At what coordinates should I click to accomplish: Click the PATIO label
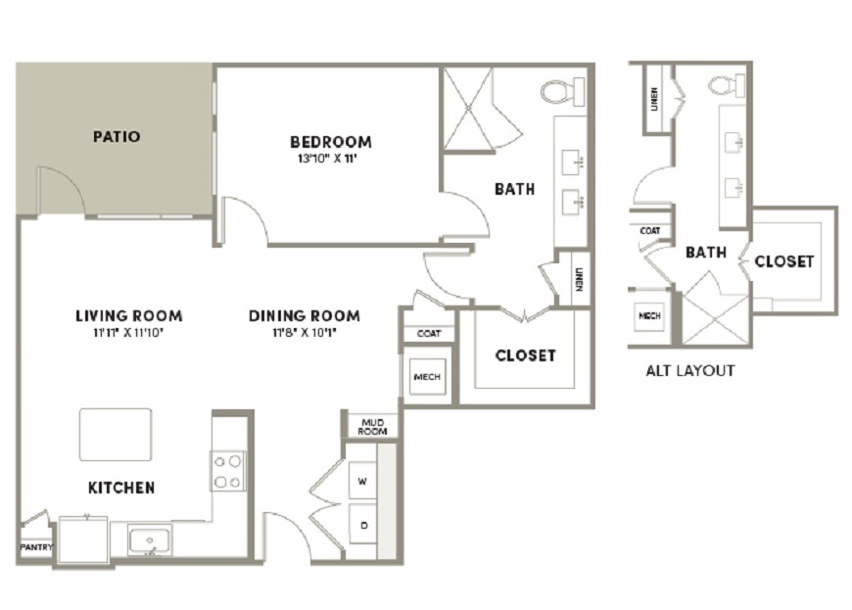pyautogui.click(x=117, y=136)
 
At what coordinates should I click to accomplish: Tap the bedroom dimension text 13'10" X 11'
pyautogui.click(x=327, y=160)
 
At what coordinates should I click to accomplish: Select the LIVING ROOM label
pyautogui.click(x=128, y=315)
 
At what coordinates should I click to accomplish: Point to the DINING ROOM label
pyautogui.click(x=305, y=315)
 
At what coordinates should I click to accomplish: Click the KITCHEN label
pyautogui.click(x=121, y=488)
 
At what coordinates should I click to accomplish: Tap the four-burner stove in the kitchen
pyautogui.click(x=227, y=471)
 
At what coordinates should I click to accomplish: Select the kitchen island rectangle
pyautogui.click(x=116, y=435)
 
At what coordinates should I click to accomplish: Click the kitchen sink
pyautogui.click(x=150, y=540)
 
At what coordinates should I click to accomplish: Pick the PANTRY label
pyautogui.click(x=36, y=547)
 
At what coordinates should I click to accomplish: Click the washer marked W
pyautogui.click(x=362, y=481)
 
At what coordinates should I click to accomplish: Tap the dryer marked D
pyautogui.click(x=363, y=525)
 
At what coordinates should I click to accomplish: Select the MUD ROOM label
pyautogui.click(x=373, y=427)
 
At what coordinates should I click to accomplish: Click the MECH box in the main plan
pyautogui.click(x=427, y=376)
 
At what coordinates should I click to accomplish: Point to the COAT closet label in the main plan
pyautogui.click(x=429, y=334)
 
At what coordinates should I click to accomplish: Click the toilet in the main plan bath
pyautogui.click(x=562, y=92)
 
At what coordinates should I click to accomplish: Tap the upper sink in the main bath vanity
pyautogui.click(x=573, y=163)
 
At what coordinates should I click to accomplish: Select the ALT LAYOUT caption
pyautogui.click(x=690, y=371)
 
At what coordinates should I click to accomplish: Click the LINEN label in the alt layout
pyautogui.click(x=654, y=100)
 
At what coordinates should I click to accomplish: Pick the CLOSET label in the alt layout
pyautogui.click(x=784, y=261)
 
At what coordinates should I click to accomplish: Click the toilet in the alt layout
pyautogui.click(x=727, y=86)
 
